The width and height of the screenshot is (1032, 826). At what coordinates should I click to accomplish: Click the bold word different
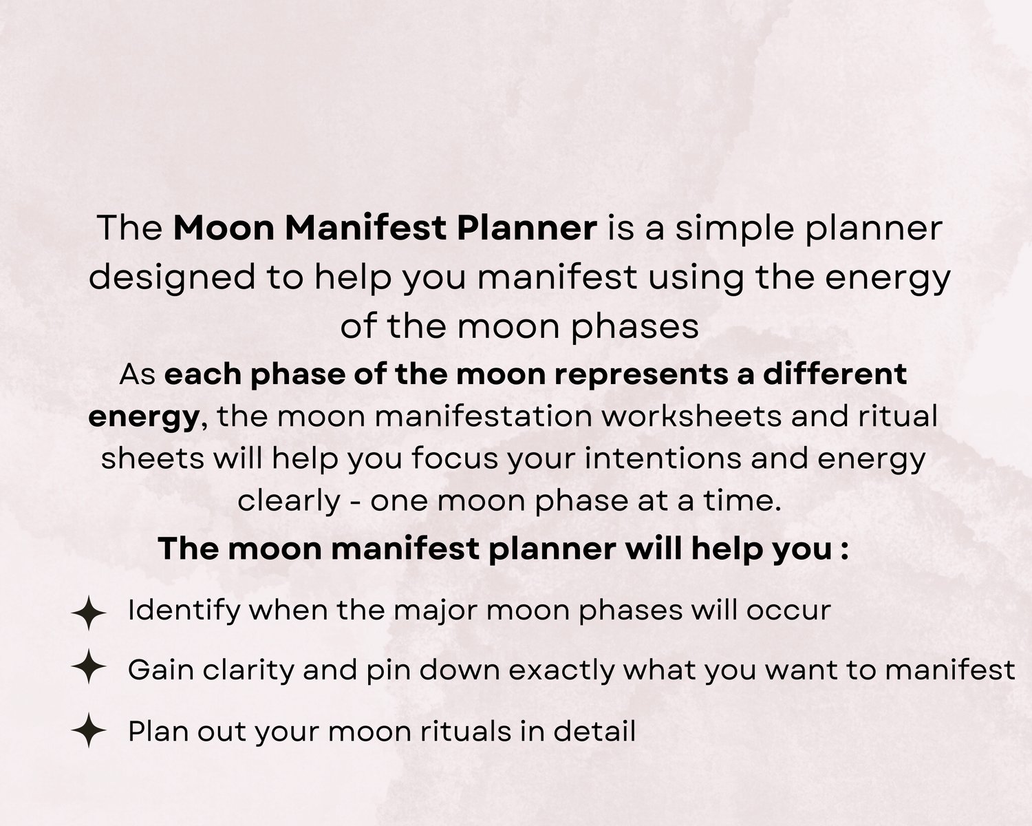[835, 374]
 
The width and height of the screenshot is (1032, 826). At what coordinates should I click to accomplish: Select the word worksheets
[691, 416]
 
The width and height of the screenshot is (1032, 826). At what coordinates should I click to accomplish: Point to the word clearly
[289, 501]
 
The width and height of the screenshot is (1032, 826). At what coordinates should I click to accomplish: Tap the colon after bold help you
[844, 549]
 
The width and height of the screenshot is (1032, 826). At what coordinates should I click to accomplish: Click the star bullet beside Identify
[89, 613]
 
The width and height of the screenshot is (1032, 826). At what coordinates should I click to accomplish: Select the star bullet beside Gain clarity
[89, 666]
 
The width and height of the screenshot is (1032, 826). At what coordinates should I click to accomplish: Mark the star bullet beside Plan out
[89, 730]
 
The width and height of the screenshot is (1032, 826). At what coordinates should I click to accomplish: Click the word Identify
[184, 611]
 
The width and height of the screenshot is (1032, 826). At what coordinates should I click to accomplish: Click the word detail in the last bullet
[594, 732]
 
